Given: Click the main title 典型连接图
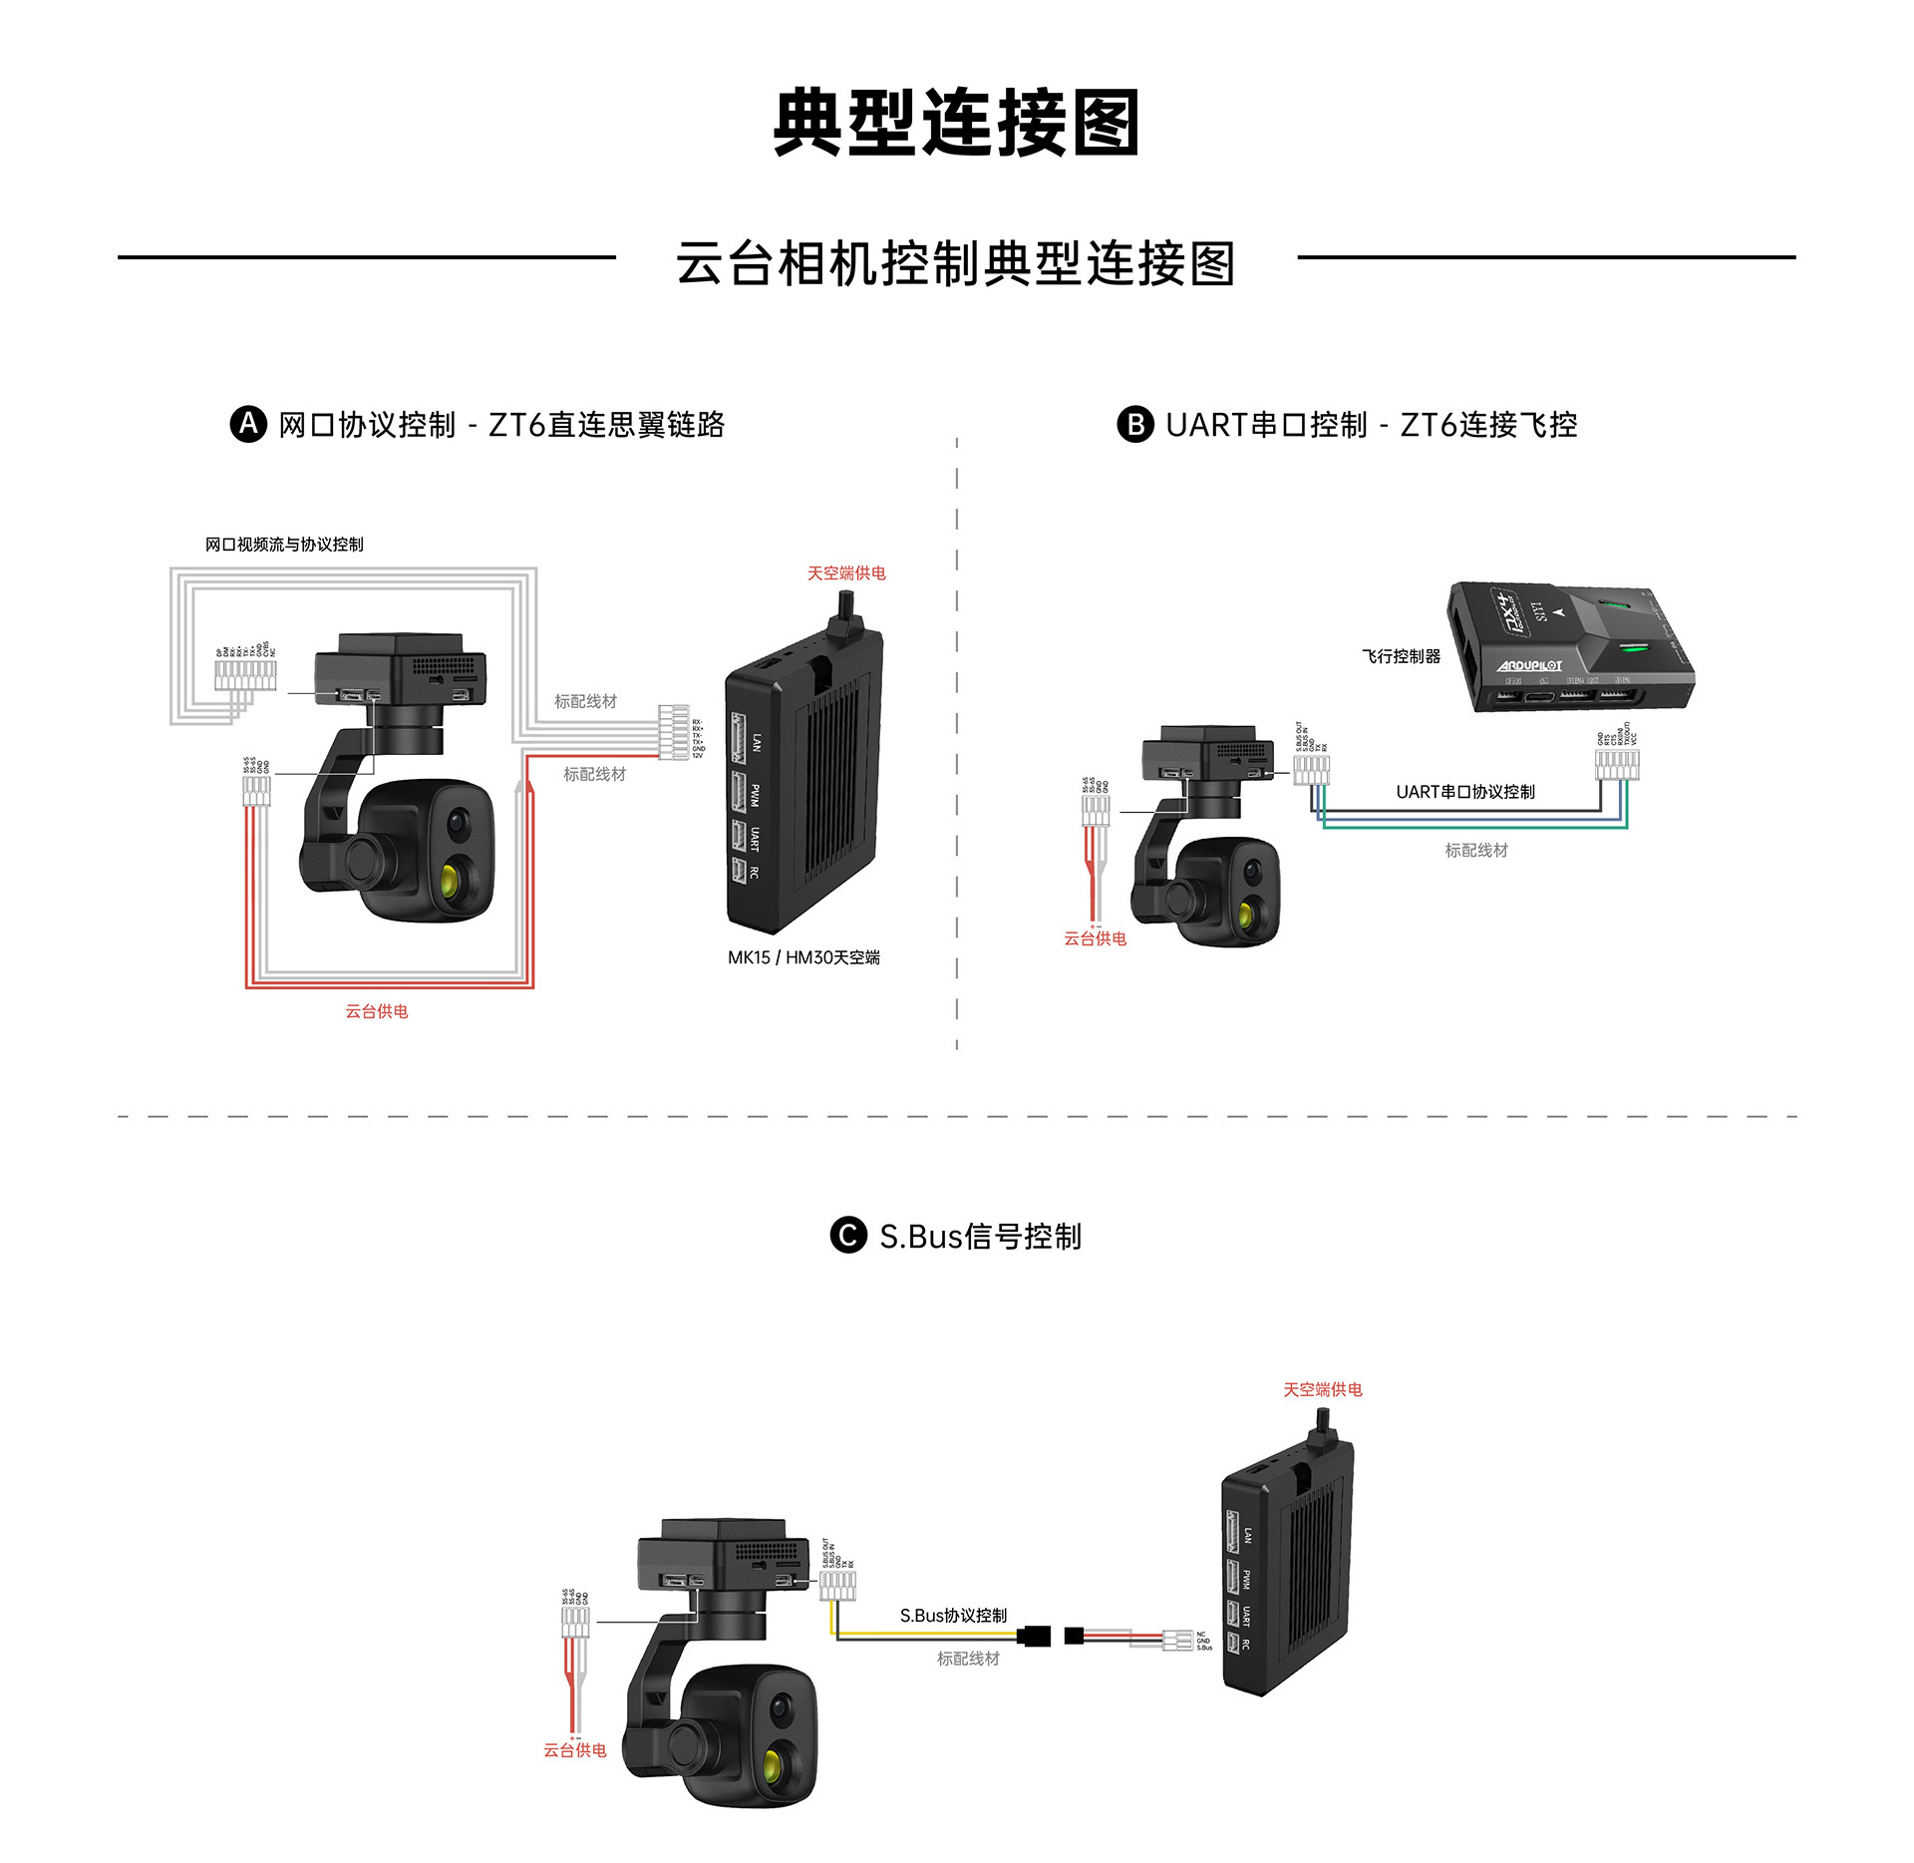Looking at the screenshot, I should [956, 123].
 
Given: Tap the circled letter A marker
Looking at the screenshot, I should [248, 424].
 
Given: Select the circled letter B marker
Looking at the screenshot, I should [1134, 424].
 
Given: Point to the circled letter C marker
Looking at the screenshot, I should [848, 1236].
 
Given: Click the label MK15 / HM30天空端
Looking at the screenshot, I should [803, 957].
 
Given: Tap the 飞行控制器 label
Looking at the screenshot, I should [1401, 656].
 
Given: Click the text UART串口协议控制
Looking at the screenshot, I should [1464, 792].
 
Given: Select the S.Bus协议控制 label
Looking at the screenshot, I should [953, 1616].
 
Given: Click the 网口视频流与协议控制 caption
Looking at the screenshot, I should [284, 545].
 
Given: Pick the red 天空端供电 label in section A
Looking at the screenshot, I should [846, 573].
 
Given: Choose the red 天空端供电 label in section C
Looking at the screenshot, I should [1322, 1390].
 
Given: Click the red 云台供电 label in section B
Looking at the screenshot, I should [1095, 938].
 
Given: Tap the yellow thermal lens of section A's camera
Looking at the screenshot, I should [451, 881].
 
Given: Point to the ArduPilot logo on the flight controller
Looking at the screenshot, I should [1530, 665].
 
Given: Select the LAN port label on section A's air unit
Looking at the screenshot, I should [757, 742].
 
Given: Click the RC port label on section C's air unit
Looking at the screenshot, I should [1246, 1645].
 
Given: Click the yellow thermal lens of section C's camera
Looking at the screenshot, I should [773, 1766].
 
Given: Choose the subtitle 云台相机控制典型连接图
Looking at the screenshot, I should [956, 264].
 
